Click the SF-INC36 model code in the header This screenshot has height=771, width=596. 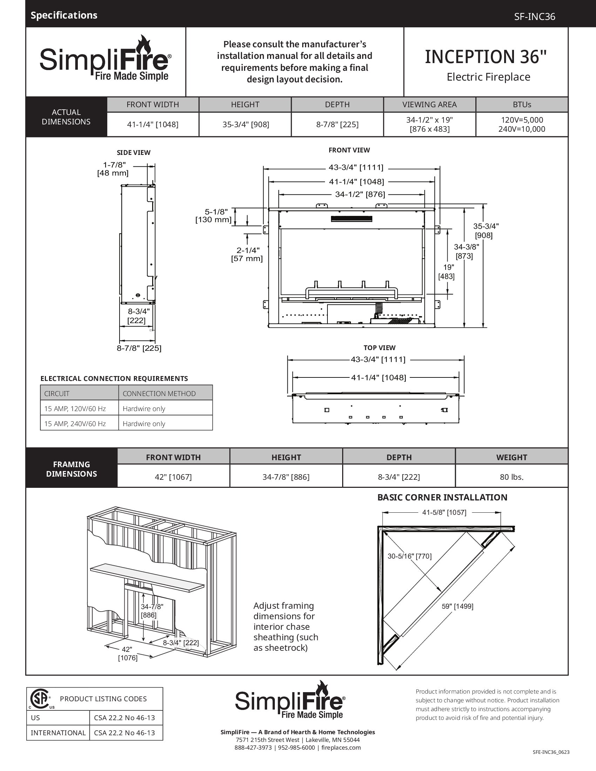coord(534,16)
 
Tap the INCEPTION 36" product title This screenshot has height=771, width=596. coord(486,57)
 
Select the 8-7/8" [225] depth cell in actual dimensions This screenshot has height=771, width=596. coord(337,124)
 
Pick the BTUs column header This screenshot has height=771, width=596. coord(522,104)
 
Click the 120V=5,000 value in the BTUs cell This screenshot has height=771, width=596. coord(522,120)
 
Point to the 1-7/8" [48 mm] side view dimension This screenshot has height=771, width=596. coord(113,169)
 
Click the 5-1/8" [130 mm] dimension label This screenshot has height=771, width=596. coord(214,216)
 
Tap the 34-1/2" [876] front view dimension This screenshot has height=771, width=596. coord(360,194)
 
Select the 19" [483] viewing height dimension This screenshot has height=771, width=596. coord(447,272)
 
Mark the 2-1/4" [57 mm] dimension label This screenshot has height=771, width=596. coord(247,254)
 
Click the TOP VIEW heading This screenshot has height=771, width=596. coord(379,348)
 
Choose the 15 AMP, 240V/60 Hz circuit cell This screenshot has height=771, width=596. coord(75,424)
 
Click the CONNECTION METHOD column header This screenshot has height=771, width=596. coord(159,394)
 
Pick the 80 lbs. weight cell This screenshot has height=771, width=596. coord(511,477)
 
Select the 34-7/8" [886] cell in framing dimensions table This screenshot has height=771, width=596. coord(286,477)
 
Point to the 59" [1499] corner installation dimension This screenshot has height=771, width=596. coord(457,606)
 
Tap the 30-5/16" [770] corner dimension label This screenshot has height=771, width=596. coord(409,556)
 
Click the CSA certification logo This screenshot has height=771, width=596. coord(40,698)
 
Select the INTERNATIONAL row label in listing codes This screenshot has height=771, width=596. coord(58,733)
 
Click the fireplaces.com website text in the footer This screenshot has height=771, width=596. coord(341,748)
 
